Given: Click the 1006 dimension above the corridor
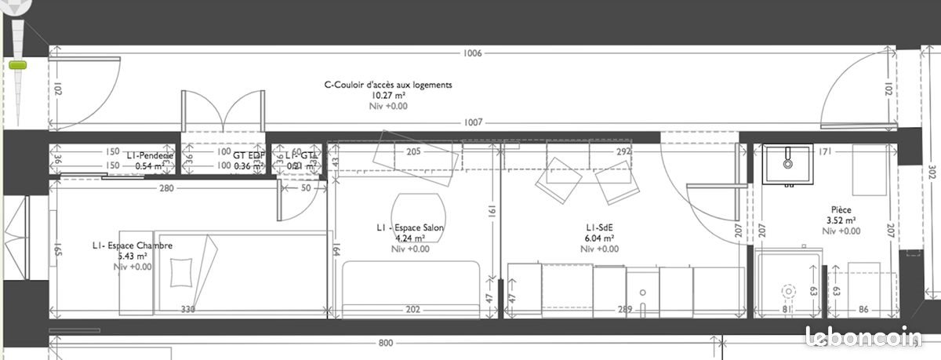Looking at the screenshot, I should click(472, 53).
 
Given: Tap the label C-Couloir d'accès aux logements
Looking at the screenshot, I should click(388, 85).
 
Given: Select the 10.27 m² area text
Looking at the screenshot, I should click(388, 95).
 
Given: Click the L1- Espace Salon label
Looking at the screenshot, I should click(410, 228).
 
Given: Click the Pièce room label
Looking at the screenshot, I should click(842, 210).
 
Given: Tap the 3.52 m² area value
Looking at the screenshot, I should click(842, 220).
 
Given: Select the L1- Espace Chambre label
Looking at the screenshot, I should click(131, 245).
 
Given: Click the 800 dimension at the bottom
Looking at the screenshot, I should click(385, 343).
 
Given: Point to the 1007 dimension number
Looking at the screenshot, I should click(472, 122).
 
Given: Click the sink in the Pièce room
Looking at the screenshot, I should click(787, 164).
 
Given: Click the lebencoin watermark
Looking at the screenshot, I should click(866, 338).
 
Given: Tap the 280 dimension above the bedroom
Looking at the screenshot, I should click(166, 188).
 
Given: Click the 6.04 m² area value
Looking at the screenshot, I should click(598, 238).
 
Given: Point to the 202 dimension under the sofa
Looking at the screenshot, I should click(414, 309).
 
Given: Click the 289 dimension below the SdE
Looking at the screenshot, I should click(625, 309).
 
